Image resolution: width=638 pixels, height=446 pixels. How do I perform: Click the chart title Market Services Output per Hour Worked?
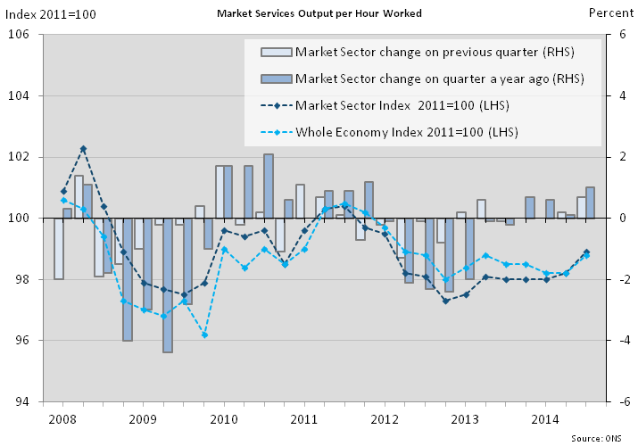coord(319,13)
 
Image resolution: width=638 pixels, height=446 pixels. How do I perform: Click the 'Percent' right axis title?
coord(610,13)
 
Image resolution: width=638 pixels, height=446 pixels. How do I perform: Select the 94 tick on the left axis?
coord(23,401)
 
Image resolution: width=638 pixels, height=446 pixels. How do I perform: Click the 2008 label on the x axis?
coord(62,418)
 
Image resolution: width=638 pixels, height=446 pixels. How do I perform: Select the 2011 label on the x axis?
coord(304,418)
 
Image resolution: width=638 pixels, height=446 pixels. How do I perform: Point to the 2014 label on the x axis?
coord(547,418)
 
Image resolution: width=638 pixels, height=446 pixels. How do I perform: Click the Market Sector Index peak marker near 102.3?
coord(83,149)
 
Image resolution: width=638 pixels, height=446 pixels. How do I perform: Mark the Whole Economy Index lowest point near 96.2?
coord(204,334)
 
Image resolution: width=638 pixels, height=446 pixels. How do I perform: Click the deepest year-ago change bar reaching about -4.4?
coord(168,285)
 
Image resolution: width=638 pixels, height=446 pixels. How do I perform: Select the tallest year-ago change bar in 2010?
coord(269,186)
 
